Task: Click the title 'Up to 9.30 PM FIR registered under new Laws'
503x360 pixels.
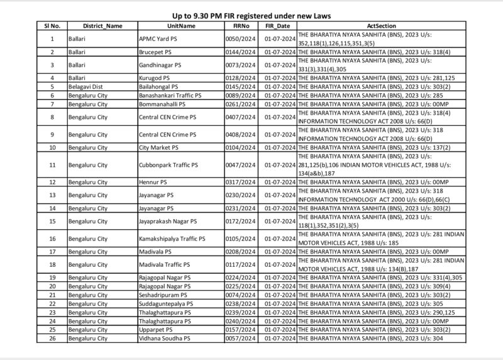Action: pos(251,14)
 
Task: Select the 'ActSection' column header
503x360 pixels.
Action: pos(381,26)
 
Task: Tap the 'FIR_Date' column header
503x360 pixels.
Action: pos(277,26)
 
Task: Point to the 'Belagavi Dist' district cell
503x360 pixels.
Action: pos(86,86)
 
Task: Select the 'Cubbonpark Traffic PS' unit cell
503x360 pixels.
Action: pos(168,164)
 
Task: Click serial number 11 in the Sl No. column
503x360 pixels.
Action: pos(52,164)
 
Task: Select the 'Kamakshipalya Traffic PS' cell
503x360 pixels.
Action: pos(172,239)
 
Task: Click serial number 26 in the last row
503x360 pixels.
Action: pos(52,338)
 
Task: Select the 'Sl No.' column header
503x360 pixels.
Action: pos(52,26)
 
